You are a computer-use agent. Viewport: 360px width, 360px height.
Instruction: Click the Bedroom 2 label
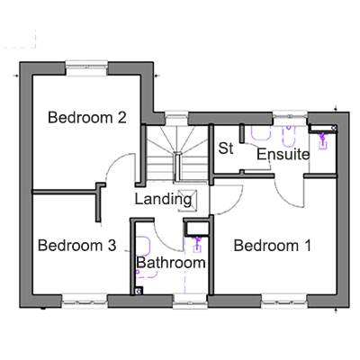point(87,117)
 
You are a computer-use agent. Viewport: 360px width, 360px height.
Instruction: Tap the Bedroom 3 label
point(76,246)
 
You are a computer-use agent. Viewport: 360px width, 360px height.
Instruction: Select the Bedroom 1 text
point(273,246)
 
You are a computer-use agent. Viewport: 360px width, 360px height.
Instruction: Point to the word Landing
point(163,199)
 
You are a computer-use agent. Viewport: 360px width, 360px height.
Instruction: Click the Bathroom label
point(171,263)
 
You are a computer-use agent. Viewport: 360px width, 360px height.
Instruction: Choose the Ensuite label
point(283,154)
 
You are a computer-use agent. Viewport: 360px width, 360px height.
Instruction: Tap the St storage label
point(226,148)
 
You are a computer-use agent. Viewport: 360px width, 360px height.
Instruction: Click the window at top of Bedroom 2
point(86,68)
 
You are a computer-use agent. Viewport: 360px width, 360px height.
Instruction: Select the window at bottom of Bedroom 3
point(85,301)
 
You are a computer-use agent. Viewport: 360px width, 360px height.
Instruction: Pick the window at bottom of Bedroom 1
point(284,301)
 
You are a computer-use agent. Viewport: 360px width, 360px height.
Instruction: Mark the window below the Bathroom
point(191,301)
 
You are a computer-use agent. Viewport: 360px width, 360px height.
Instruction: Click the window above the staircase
point(176,118)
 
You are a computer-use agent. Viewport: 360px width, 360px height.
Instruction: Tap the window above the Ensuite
point(290,118)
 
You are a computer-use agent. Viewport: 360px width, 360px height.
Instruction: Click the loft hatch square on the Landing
point(188,200)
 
